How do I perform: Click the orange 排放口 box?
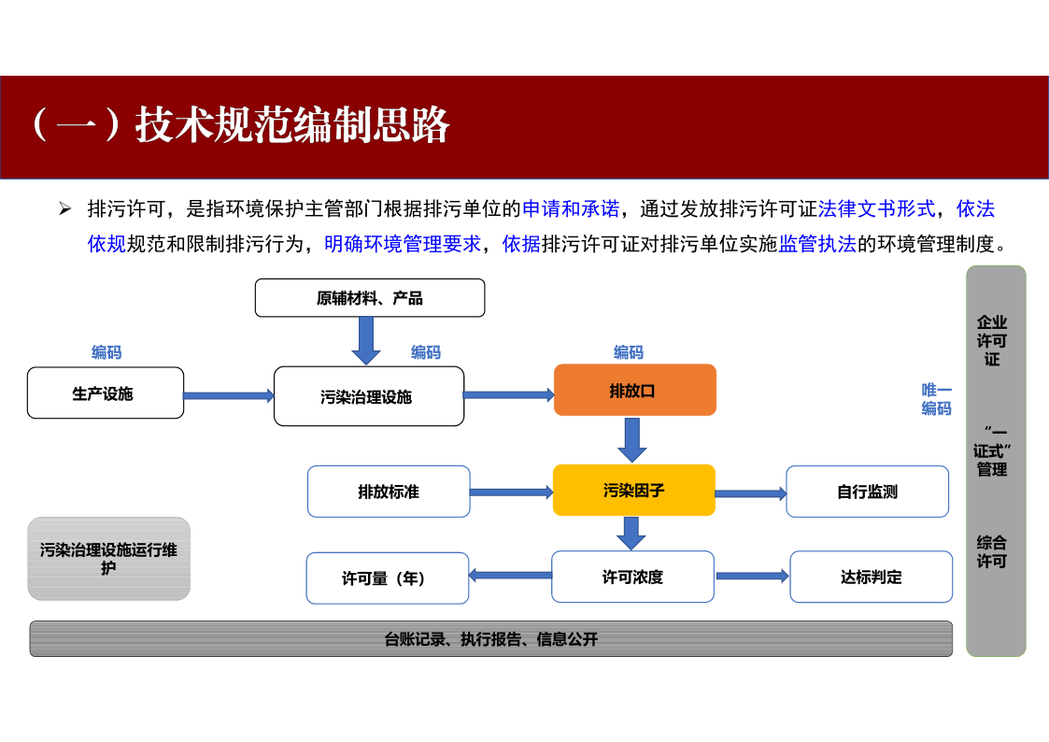click(x=635, y=390)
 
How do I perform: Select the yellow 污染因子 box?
click(x=634, y=490)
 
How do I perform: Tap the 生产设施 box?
click(x=105, y=392)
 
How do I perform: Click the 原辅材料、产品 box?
click(x=370, y=298)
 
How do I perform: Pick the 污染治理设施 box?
click(x=369, y=396)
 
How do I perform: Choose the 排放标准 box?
click(x=389, y=492)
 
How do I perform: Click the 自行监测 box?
click(x=867, y=492)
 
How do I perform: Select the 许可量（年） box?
click(x=388, y=578)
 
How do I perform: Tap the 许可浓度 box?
click(x=633, y=577)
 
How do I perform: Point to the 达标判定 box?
click(x=871, y=577)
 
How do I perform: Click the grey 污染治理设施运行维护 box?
click(x=109, y=559)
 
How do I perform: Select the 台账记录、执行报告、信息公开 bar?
click(x=491, y=639)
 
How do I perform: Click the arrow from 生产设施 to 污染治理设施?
click(x=229, y=396)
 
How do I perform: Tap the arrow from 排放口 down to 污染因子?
click(x=632, y=439)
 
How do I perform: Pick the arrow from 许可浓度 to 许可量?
click(x=510, y=576)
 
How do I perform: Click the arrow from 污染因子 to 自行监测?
click(x=751, y=493)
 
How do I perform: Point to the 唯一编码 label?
click(x=936, y=399)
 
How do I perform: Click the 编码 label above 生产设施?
click(x=106, y=352)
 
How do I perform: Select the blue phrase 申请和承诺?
click(x=571, y=208)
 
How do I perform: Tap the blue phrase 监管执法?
click(x=816, y=244)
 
